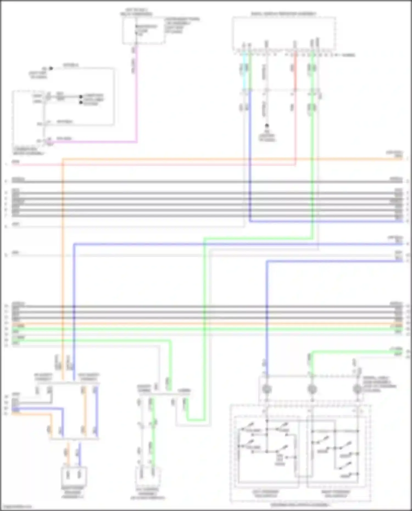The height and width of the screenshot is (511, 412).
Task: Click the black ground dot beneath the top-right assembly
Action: click(x=266, y=126)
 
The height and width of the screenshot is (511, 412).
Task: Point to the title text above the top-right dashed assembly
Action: click(x=283, y=13)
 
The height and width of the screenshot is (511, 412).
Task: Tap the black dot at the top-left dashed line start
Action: click(x=51, y=68)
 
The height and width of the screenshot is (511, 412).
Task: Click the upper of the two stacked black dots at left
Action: click(x=81, y=97)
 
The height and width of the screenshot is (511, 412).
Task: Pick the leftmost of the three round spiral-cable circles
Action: click(x=267, y=389)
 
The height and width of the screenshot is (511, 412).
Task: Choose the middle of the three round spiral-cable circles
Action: click(x=312, y=389)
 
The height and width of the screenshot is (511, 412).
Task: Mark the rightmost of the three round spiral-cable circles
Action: click(x=357, y=389)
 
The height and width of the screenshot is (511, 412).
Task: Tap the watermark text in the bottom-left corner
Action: click(x=16, y=507)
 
